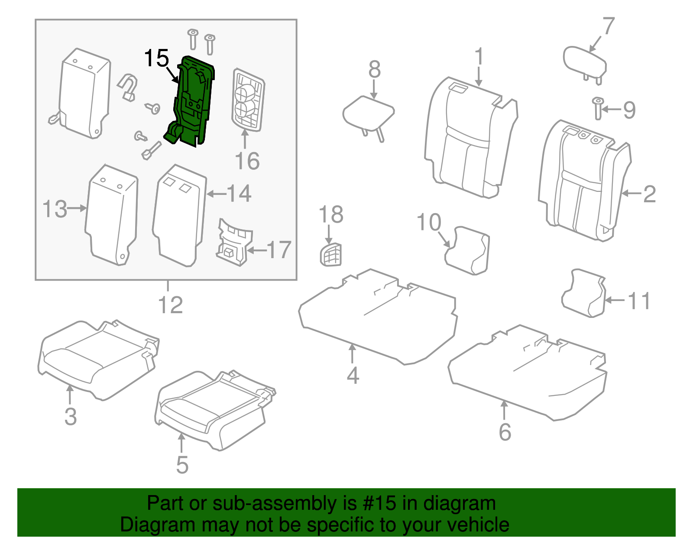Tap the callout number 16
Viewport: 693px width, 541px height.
tap(247, 161)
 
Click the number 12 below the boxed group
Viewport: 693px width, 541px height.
tap(171, 305)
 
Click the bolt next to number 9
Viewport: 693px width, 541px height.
tap(598, 108)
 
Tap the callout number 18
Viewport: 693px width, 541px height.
tap(331, 214)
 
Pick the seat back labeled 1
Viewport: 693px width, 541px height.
tap(470, 139)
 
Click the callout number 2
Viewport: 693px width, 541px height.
tap(649, 194)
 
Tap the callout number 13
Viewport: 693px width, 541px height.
tap(55, 209)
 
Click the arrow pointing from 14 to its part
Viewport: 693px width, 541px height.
tap(216, 194)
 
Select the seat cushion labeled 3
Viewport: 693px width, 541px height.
tap(97, 360)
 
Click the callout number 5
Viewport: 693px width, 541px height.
tap(182, 464)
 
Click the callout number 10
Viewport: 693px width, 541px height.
tap(428, 222)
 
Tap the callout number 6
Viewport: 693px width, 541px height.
tap(505, 432)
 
